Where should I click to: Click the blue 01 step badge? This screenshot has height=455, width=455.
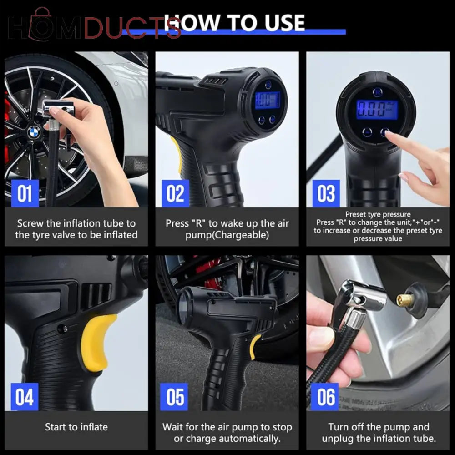point(25,193)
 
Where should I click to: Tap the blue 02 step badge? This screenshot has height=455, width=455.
point(175,193)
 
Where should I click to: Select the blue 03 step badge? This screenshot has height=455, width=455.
point(326,193)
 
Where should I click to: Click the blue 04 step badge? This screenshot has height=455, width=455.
point(25,396)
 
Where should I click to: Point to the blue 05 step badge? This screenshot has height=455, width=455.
point(175,396)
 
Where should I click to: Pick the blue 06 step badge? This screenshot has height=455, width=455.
point(326,396)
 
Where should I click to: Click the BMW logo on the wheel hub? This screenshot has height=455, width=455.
point(34,132)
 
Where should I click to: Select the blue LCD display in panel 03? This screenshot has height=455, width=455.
point(377,110)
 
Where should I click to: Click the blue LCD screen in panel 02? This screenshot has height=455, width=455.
point(268,100)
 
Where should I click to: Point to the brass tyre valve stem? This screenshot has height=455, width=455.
point(405,300)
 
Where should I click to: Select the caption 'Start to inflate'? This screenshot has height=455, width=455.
point(76,427)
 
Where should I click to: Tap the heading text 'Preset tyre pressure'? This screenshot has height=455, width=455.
point(378,214)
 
